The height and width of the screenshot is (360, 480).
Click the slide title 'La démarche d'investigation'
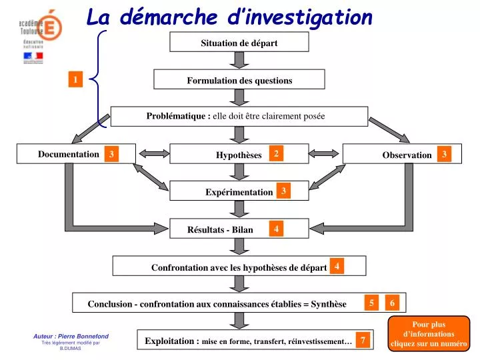pyautogui.click(x=229, y=17)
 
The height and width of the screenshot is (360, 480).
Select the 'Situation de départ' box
pyautogui.click(x=239, y=43)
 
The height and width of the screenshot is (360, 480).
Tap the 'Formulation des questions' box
pyautogui.click(x=239, y=80)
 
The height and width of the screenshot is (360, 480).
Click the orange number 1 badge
pyautogui.click(x=76, y=80)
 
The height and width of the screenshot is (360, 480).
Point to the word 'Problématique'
pyautogui.click(x=177, y=116)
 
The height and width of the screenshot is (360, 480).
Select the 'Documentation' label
pyautogui.click(x=69, y=154)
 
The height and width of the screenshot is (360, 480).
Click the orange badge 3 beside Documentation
pyautogui.click(x=112, y=155)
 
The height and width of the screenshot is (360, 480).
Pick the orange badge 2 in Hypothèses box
pyautogui.click(x=275, y=153)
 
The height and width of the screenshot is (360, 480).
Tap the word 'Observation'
pyautogui.click(x=407, y=155)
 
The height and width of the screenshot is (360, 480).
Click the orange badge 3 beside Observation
pyautogui.click(x=445, y=154)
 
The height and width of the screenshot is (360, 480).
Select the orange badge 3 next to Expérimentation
pyautogui.click(x=283, y=191)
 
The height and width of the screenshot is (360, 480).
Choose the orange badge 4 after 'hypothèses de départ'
pyautogui.click(x=337, y=266)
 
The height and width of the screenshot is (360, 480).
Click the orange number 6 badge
pyautogui.click(x=393, y=303)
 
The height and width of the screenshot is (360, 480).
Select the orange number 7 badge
pyautogui.click(x=363, y=340)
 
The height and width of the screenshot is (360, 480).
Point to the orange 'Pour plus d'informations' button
pyautogui.click(x=429, y=334)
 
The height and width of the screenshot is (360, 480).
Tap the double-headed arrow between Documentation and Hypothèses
pyautogui.click(x=153, y=154)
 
